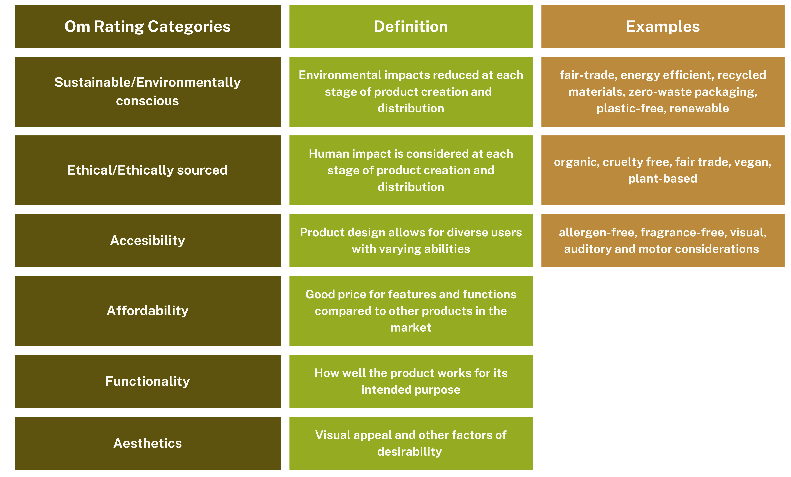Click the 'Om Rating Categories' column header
[147, 27]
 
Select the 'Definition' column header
[411, 27]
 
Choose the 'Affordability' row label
[147, 311]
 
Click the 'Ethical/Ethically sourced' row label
[147, 170]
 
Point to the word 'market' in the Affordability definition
[411, 327]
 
